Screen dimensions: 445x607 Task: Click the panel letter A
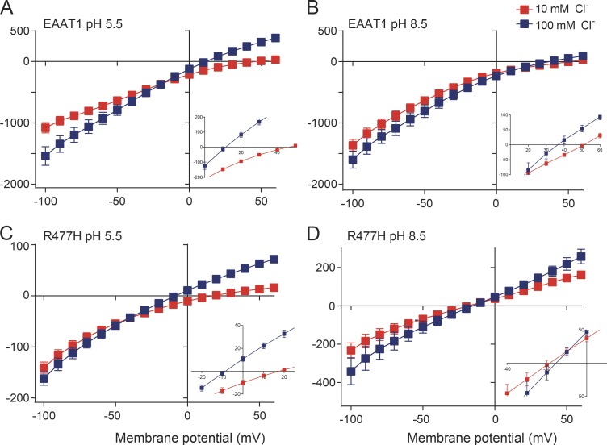[x=9, y=8]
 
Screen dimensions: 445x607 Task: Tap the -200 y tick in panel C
[x=25, y=398]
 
